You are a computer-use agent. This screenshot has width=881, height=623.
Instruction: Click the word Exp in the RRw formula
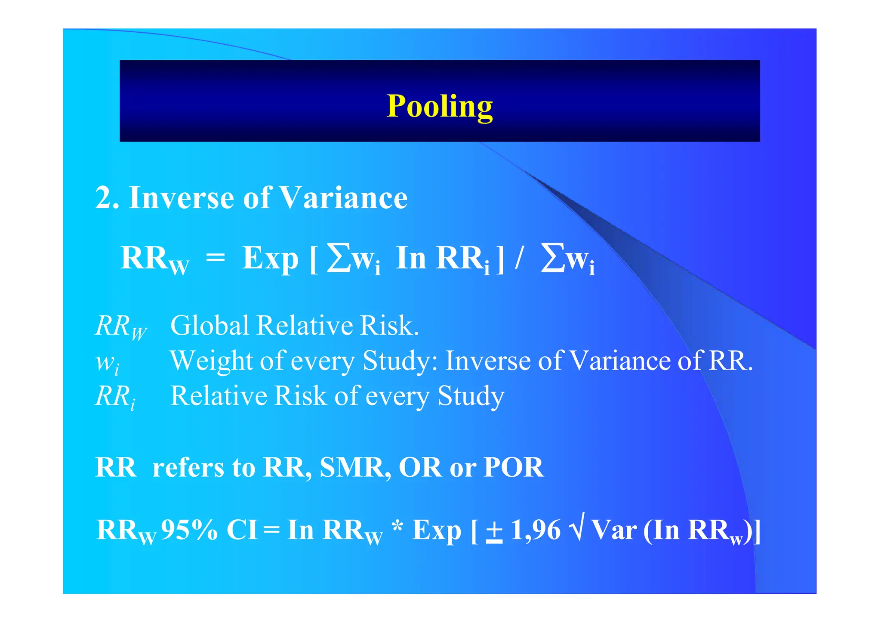[x=270, y=258]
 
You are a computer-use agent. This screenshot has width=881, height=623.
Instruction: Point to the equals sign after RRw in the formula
[x=215, y=258]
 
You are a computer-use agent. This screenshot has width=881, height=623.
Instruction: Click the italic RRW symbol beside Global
[x=120, y=327]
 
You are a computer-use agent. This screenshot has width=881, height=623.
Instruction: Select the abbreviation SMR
[x=352, y=467]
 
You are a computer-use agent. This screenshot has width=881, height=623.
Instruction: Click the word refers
[x=188, y=467]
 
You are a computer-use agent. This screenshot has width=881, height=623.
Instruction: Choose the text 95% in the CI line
[x=189, y=530]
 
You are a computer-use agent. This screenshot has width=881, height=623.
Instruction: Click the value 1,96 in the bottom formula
[x=536, y=530]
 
